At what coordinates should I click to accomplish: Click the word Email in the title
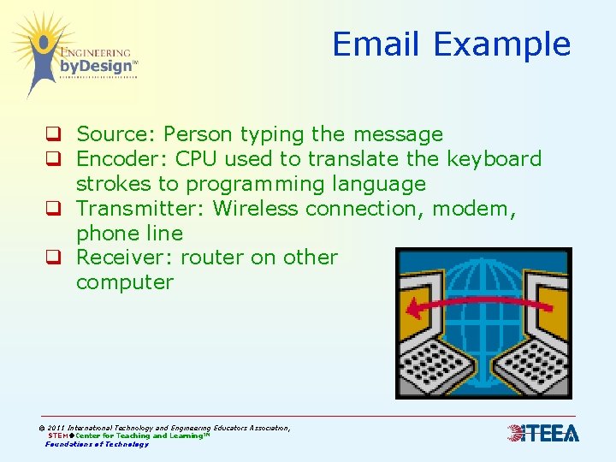click(376, 44)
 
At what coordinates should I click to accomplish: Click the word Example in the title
click(502, 44)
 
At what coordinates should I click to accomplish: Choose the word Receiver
click(120, 258)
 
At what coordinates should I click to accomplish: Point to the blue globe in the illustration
click(484, 299)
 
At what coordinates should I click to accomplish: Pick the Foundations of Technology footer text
click(97, 444)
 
